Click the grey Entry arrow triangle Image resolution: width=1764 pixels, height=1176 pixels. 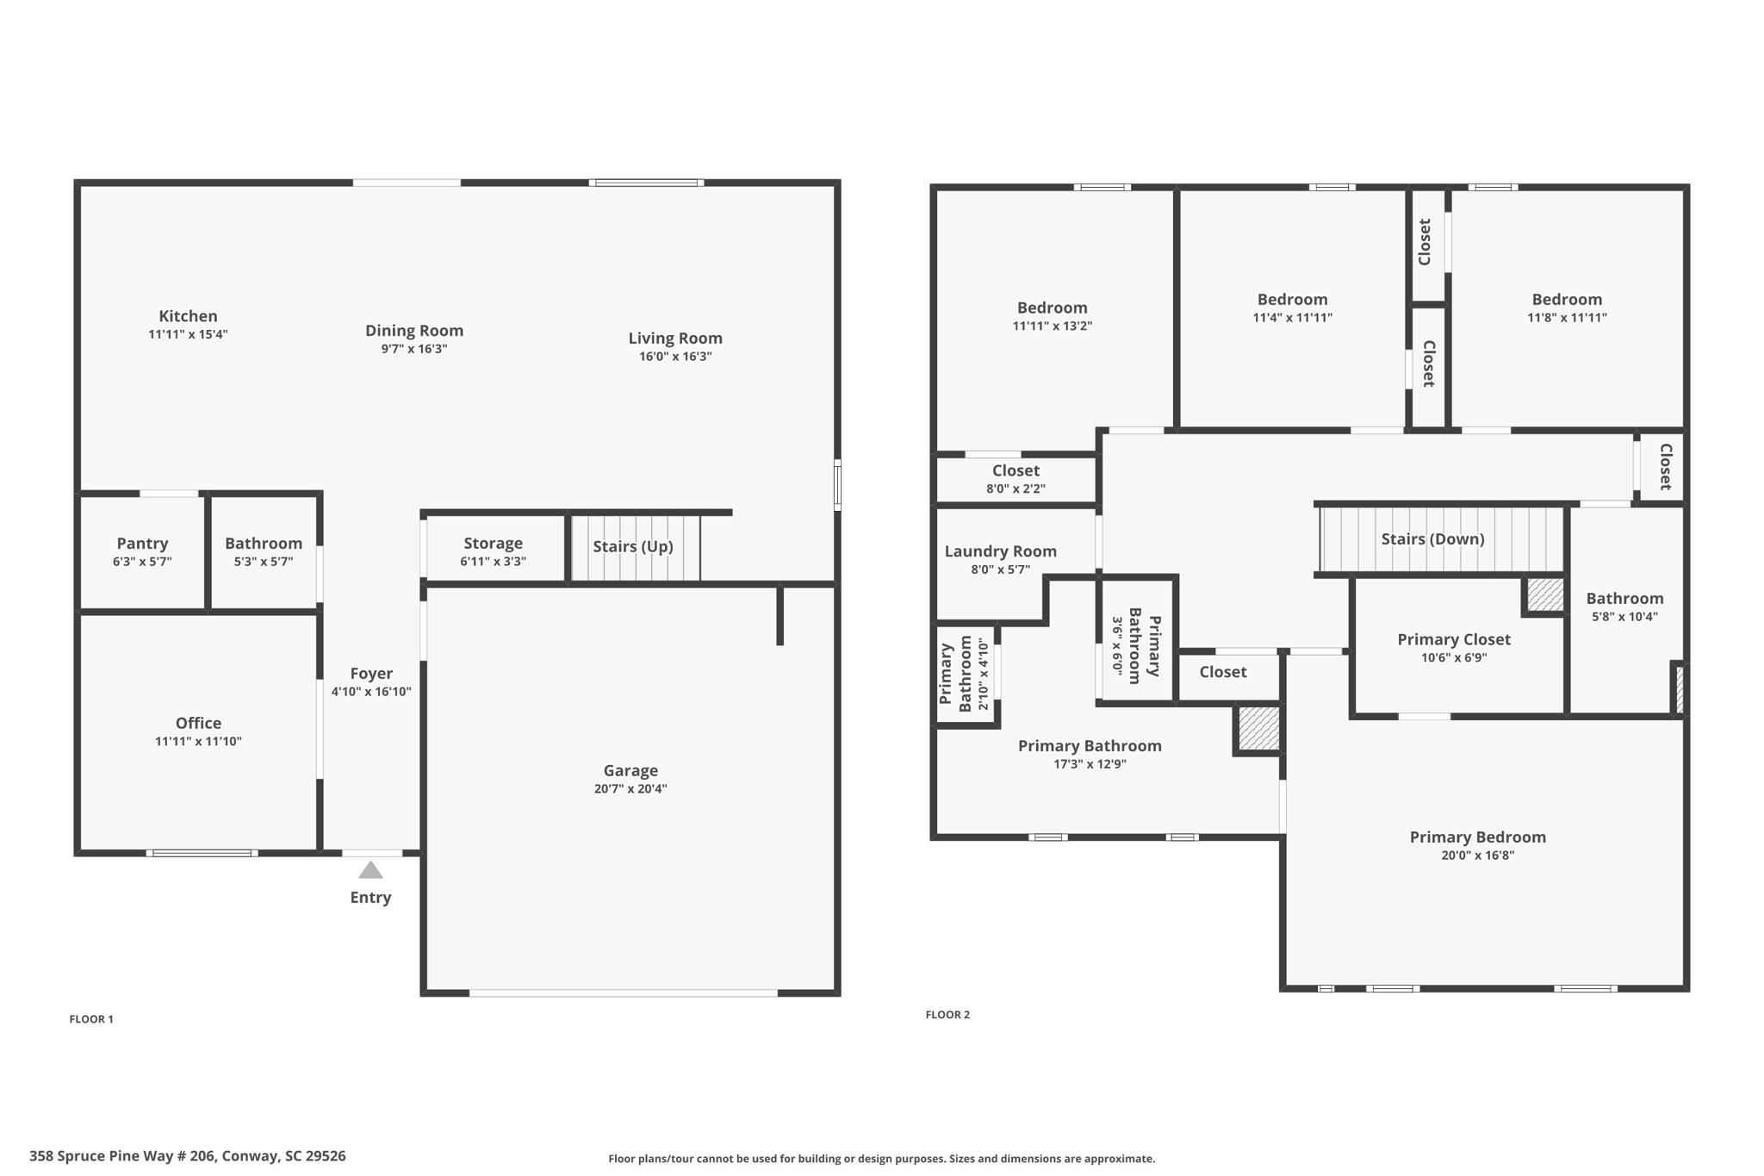pyautogui.click(x=370, y=870)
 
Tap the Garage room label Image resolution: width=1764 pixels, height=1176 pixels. pyautogui.click(x=630, y=770)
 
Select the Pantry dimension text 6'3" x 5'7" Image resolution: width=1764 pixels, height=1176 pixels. pyautogui.click(x=142, y=562)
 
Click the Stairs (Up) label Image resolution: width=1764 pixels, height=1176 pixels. pyautogui.click(x=633, y=546)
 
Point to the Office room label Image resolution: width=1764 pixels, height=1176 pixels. pyautogui.click(x=198, y=723)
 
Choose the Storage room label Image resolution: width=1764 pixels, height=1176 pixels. pyautogui.click(x=493, y=543)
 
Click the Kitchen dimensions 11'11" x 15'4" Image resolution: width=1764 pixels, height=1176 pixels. pyautogui.click(x=188, y=334)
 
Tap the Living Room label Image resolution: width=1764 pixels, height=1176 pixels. pyautogui.click(x=675, y=339)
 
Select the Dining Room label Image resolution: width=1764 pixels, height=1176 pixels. pyautogui.click(x=414, y=331)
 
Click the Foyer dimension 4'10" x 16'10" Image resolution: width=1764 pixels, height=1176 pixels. pyautogui.click(x=371, y=691)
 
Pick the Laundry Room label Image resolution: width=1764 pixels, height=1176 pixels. pyautogui.click(x=1001, y=551)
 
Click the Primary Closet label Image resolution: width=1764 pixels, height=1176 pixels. pyautogui.click(x=1454, y=639)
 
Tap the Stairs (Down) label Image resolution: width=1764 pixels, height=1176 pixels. pyautogui.click(x=1433, y=539)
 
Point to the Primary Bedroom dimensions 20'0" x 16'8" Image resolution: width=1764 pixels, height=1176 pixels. pyautogui.click(x=1478, y=856)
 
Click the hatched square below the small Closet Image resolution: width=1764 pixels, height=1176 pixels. pyautogui.click(x=1258, y=728)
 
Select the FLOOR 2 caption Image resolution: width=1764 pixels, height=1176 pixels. pyautogui.click(x=947, y=1015)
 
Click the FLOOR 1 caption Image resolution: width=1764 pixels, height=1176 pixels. pyautogui.click(x=91, y=1019)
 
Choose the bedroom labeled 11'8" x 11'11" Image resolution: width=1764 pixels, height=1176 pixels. pyautogui.click(x=1567, y=308)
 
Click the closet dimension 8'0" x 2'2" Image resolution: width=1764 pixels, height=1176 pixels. pyautogui.click(x=1016, y=488)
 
